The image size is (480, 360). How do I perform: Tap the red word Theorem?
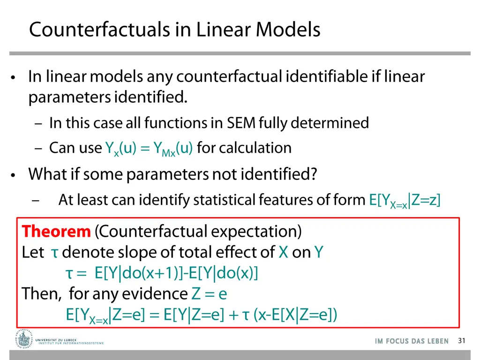[x=56, y=231]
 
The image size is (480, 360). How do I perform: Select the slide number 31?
[x=461, y=341]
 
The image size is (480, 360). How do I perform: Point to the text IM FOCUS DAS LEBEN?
[x=412, y=341]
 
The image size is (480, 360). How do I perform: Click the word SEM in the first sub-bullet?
[x=241, y=123]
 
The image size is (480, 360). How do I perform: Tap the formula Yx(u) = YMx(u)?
[x=149, y=149]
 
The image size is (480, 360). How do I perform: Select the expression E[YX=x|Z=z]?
[x=405, y=201]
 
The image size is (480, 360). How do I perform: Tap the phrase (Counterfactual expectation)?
[x=198, y=231]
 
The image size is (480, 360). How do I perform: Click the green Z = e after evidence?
[x=210, y=294]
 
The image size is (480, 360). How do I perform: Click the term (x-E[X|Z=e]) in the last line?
[x=295, y=315]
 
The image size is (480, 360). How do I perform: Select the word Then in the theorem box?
[x=40, y=294]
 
